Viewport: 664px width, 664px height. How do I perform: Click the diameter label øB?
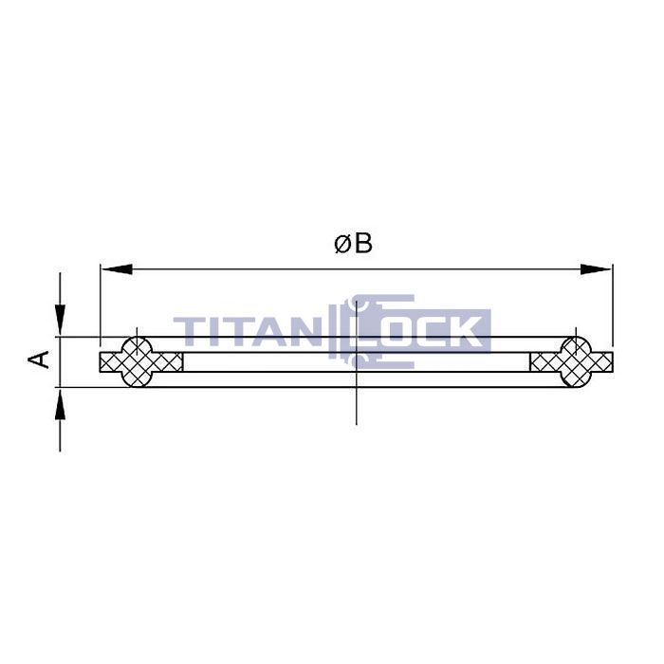(353, 244)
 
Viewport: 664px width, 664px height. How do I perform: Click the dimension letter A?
(40, 360)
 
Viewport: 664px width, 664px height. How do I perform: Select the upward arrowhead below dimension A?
(61, 404)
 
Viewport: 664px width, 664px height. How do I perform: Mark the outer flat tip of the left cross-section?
(103, 361)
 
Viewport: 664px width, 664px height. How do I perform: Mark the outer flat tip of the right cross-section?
(609, 361)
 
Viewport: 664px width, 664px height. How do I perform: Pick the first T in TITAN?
(189, 333)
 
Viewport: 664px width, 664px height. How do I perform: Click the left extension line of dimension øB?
(100, 304)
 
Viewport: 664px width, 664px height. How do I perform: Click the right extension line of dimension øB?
(613, 304)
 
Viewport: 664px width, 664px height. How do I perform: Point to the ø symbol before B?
(342, 245)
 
